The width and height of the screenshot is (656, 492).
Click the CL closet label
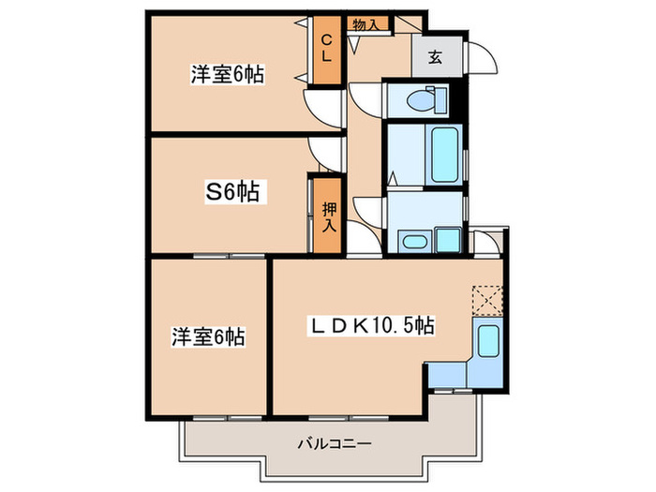(x=327, y=48)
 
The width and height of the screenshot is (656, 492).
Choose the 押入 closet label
(x=328, y=216)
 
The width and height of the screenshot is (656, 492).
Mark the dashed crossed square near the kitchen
(x=486, y=300)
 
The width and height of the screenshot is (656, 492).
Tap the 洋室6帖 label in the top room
(x=227, y=75)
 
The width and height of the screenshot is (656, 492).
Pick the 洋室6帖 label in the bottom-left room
(x=207, y=335)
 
